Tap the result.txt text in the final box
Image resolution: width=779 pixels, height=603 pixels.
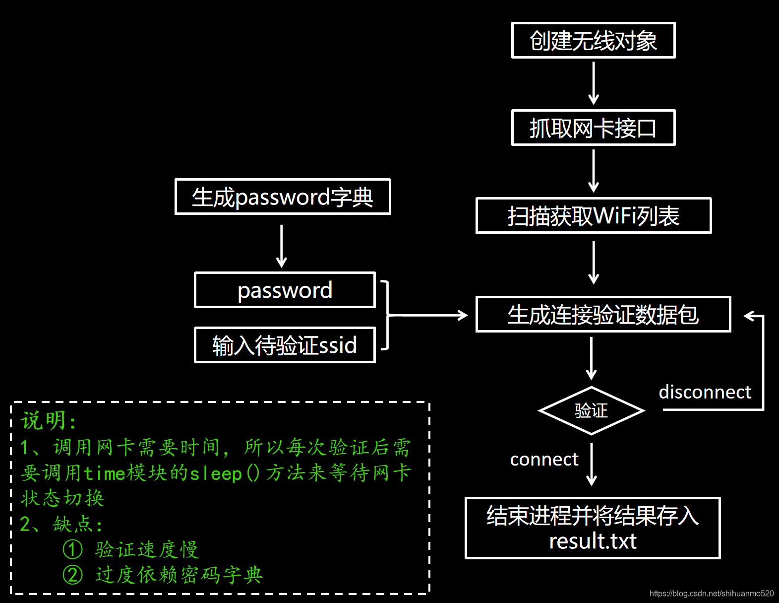tap(593, 540)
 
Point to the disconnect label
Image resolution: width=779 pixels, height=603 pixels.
tap(705, 392)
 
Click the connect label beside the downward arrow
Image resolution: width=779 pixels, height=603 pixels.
tap(544, 460)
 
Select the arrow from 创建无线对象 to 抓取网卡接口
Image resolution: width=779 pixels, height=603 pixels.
tap(594, 83)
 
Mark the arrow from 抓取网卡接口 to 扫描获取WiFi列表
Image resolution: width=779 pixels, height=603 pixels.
tap(594, 171)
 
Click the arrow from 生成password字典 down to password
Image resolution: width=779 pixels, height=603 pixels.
tap(282, 247)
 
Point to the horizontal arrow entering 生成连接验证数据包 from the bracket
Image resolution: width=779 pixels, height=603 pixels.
tap(427, 315)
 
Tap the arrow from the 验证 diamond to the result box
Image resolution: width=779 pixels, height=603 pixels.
tap(592, 465)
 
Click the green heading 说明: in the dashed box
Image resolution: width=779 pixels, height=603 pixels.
tap(49, 420)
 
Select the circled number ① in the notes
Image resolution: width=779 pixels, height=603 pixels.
tap(73, 549)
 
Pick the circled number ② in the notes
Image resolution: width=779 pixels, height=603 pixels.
tap(73, 575)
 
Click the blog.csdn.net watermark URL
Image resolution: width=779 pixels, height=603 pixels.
tap(712, 594)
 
